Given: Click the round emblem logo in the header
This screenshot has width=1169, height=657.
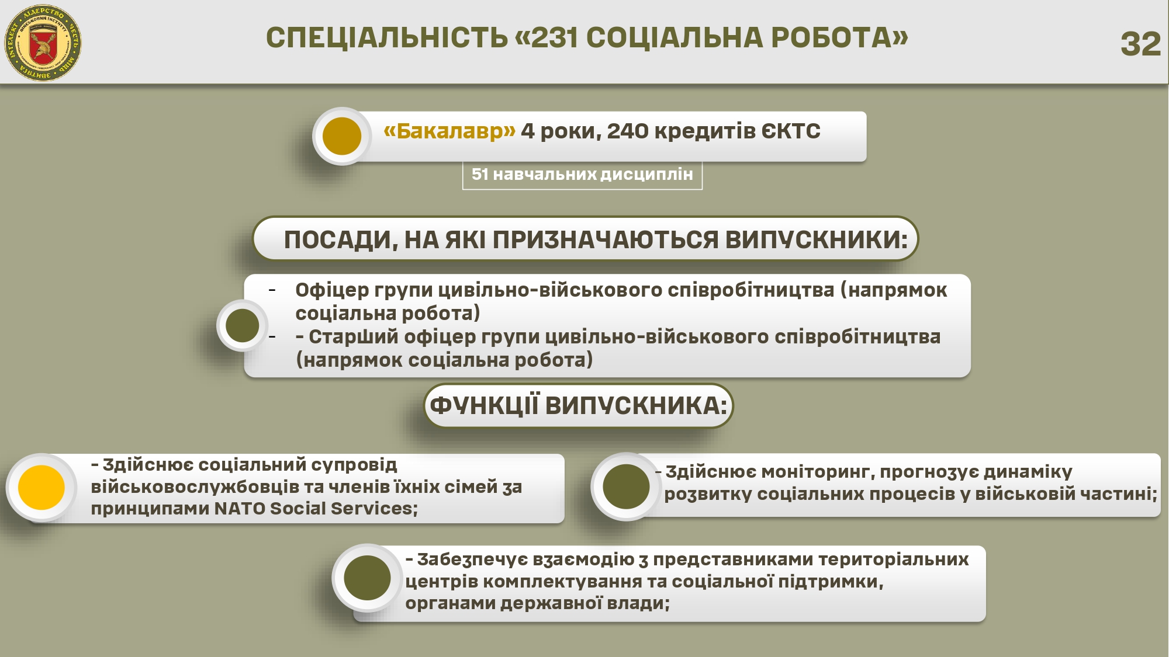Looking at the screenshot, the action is click(43, 43).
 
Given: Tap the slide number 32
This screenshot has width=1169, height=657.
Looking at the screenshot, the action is click(1140, 44).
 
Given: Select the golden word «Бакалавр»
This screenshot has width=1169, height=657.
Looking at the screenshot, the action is click(449, 131).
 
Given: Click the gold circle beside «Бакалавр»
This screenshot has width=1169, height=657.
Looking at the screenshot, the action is click(342, 136).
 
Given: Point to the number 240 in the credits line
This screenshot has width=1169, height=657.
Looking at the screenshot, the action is click(628, 131).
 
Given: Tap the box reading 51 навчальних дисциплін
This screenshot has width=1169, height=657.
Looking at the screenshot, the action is click(582, 174).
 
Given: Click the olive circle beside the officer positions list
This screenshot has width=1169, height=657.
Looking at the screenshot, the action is click(242, 325).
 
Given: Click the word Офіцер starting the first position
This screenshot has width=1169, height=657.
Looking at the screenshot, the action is click(332, 290).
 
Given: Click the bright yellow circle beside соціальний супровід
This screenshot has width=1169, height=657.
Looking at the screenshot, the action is click(41, 487).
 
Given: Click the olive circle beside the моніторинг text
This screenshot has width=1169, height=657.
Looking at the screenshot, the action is click(626, 486).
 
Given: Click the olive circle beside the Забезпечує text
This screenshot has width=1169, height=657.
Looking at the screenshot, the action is click(367, 578).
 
